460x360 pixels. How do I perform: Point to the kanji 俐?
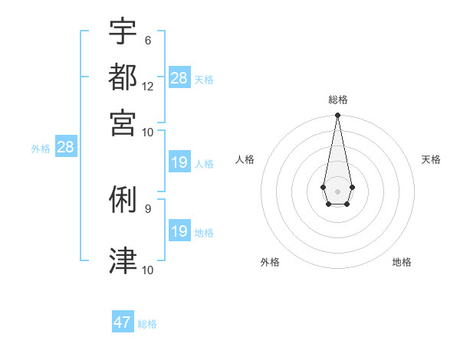123,200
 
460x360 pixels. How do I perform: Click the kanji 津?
123,261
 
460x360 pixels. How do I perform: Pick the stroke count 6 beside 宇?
147,40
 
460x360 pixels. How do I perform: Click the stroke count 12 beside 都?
147,87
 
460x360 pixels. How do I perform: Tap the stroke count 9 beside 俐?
147,208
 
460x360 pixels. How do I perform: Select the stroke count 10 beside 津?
147,270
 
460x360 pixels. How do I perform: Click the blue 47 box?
123,322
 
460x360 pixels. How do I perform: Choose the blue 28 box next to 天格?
179,77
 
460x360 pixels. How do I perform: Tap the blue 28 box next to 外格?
65,147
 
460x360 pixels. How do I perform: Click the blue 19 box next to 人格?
179,162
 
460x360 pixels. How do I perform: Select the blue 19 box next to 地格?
179,231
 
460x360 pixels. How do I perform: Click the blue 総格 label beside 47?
148,324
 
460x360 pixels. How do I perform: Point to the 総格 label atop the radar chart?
337,100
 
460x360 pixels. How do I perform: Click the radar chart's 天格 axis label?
431,159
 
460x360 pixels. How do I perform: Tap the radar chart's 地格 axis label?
402,262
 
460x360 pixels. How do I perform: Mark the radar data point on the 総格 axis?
337,116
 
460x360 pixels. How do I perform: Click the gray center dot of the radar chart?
337,190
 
